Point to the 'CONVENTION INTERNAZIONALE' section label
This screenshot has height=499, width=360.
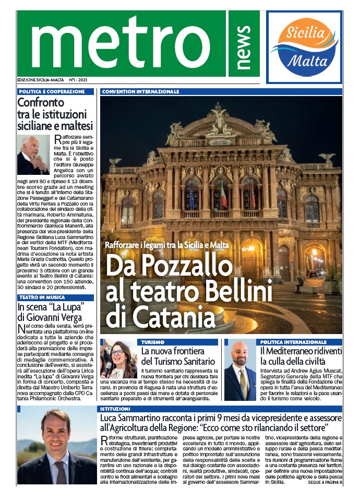click(141, 91)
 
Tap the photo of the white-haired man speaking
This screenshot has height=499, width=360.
click(33, 155)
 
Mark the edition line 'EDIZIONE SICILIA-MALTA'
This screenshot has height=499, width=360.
click(40, 80)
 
